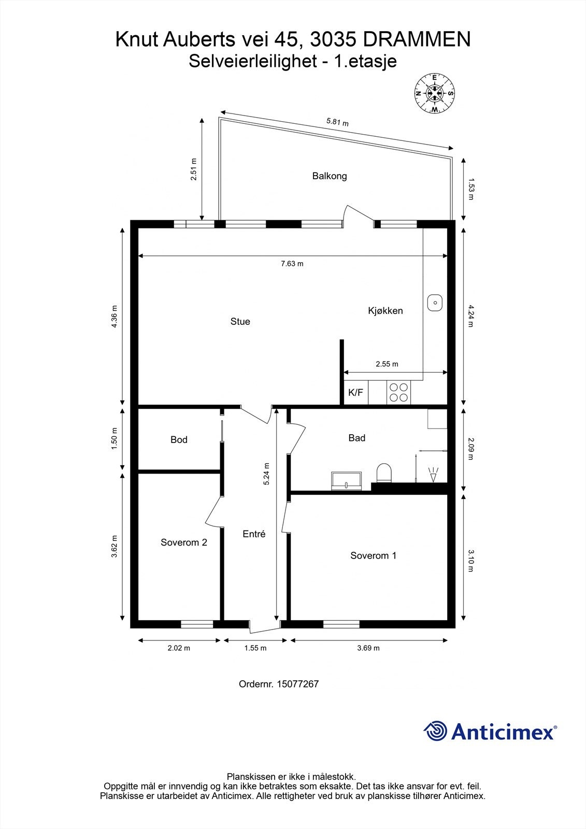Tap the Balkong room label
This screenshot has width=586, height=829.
click(x=330, y=176)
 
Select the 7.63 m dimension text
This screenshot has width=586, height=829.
click(x=292, y=264)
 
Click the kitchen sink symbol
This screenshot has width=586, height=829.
click(x=435, y=303)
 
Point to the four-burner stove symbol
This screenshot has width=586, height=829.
click(x=398, y=392)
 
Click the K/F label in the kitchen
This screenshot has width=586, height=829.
click(x=355, y=393)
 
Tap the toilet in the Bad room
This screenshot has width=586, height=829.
click(x=384, y=473)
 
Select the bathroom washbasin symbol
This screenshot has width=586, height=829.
click(x=347, y=480)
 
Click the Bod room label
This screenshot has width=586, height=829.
click(x=179, y=440)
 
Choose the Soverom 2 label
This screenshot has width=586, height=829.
click(x=184, y=542)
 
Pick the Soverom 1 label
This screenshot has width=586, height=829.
click(x=373, y=556)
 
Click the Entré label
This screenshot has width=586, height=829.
click(x=254, y=534)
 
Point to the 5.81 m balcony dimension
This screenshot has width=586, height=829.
click(x=337, y=123)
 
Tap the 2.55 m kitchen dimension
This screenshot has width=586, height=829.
click(x=387, y=364)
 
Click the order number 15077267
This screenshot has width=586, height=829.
click(x=297, y=684)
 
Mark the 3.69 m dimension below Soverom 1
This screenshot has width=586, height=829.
click(x=368, y=648)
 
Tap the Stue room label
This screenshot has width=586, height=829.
click(x=240, y=322)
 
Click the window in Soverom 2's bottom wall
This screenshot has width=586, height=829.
click(x=197, y=624)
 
